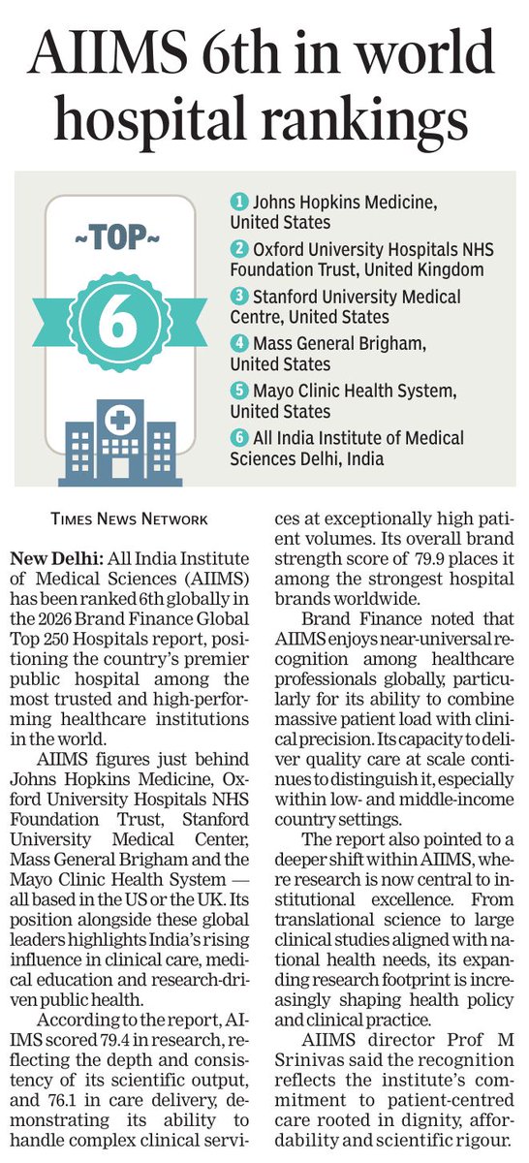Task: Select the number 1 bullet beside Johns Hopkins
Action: [237, 203]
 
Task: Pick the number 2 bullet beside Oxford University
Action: [237, 249]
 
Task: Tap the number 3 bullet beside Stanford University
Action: [237, 297]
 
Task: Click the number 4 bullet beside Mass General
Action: [237, 344]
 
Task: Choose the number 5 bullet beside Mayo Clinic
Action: [237, 391]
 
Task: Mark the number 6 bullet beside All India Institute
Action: [237, 438]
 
